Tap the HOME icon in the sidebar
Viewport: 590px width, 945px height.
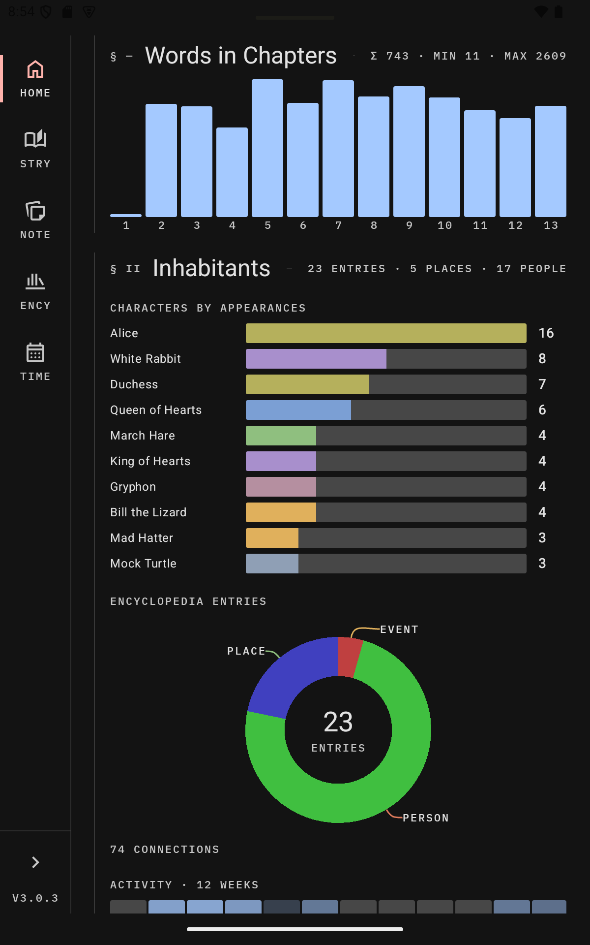pyautogui.click(x=35, y=69)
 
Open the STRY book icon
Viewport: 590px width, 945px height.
pyautogui.click(x=35, y=139)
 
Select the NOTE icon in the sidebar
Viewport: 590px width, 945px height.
pyautogui.click(x=35, y=211)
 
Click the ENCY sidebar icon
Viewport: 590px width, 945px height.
pyautogui.click(x=35, y=281)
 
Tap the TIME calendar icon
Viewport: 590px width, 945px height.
pyautogui.click(x=35, y=352)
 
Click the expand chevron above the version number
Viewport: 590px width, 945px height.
pyautogui.click(x=35, y=862)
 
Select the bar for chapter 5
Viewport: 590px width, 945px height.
pyautogui.click(x=267, y=148)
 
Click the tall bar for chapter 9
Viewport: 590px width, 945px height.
pyautogui.click(x=409, y=152)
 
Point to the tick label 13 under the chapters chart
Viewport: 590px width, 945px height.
pyautogui.click(x=551, y=225)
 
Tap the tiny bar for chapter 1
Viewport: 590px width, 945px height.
pyautogui.click(x=126, y=216)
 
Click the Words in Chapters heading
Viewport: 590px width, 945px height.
pyautogui.click(x=241, y=56)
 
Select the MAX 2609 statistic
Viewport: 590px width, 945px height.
pyautogui.click(x=535, y=56)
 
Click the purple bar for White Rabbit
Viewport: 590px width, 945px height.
pyautogui.click(x=316, y=359)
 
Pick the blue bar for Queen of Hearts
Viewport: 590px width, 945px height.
pyautogui.click(x=298, y=410)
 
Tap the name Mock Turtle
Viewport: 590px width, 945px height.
pyautogui.click(x=144, y=564)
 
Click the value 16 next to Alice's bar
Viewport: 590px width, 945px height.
pyautogui.click(x=546, y=333)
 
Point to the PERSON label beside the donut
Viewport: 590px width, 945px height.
pyautogui.click(x=426, y=818)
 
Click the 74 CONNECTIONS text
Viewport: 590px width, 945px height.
pyautogui.click(x=165, y=850)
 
